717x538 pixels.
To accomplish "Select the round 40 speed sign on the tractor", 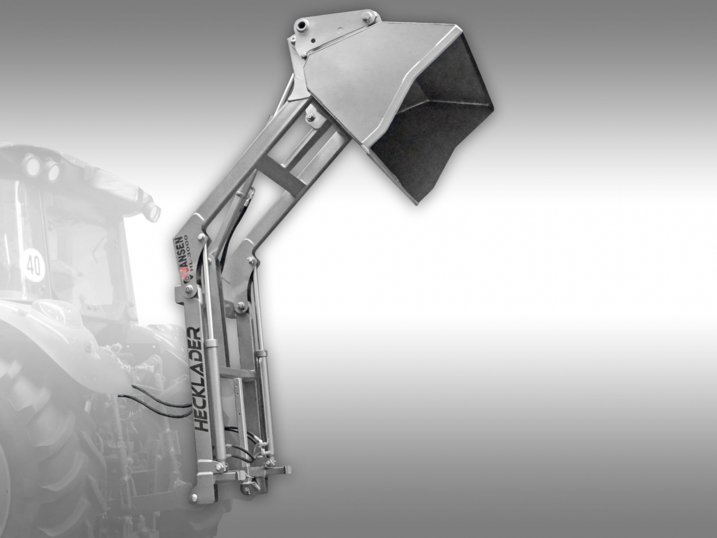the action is click(33, 265).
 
